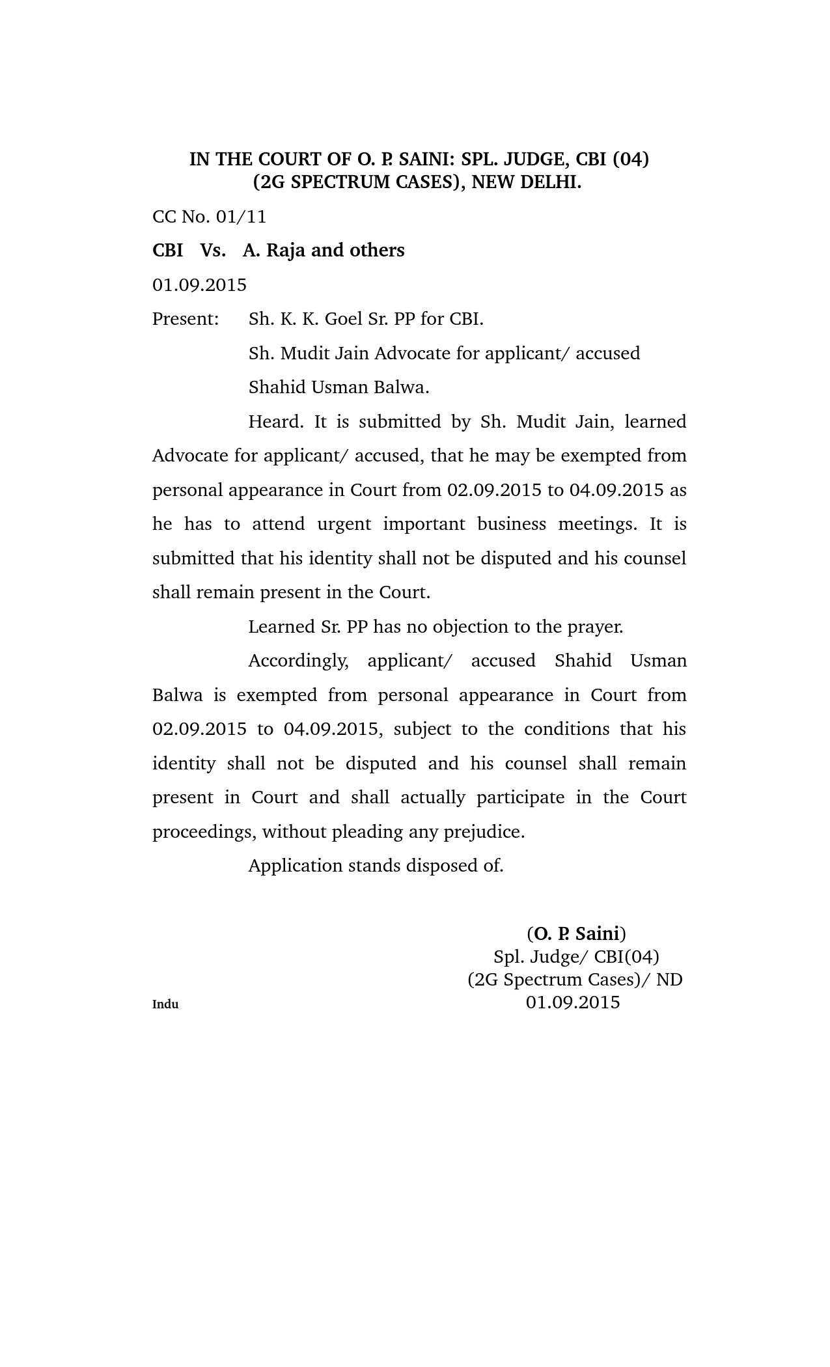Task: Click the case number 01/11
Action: pyautogui.click(x=241, y=217)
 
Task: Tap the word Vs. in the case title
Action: pyautogui.click(x=213, y=251)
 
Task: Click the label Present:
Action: pyautogui.click(x=186, y=319)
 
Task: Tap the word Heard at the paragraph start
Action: pyautogui.click(x=275, y=422)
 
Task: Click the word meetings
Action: pyautogui.click(x=597, y=524)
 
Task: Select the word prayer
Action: pyautogui.click(x=595, y=627)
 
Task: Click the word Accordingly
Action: pyautogui.click(x=298, y=661)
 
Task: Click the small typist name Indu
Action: pyautogui.click(x=165, y=1004)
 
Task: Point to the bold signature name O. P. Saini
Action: pyautogui.click(x=576, y=934)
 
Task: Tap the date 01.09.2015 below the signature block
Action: pyautogui.click(x=573, y=1002)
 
